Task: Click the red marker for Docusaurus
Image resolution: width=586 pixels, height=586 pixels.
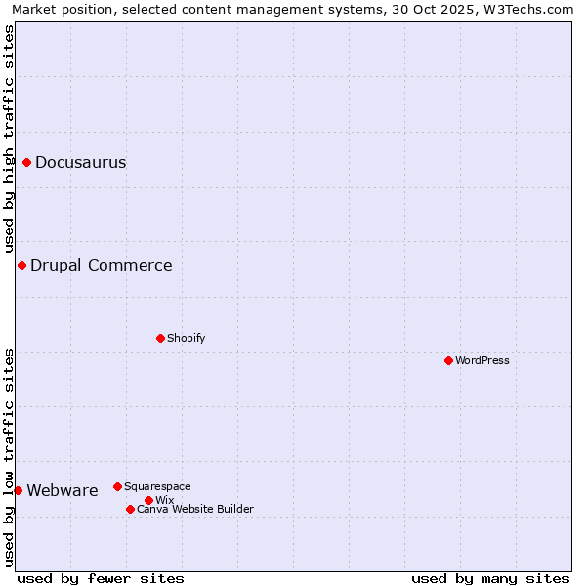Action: [27, 162]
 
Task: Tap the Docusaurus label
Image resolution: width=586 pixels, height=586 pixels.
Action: [80, 163]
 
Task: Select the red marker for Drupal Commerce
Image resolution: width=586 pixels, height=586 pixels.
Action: [21, 265]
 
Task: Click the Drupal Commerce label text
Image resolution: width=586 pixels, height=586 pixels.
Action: [101, 265]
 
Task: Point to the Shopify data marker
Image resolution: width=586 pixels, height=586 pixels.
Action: [160, 338]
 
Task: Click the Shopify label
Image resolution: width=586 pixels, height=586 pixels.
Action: [186, 338]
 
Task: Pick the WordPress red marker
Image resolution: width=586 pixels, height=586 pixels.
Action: [448, 360]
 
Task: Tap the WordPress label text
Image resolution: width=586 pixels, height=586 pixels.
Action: [481, 360]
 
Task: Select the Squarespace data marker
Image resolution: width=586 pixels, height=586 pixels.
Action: [117, 486]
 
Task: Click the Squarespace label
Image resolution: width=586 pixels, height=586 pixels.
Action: [157, 486]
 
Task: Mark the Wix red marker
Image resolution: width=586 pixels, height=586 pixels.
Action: [148, 500]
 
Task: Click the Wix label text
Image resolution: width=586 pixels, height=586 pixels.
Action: [164, 500]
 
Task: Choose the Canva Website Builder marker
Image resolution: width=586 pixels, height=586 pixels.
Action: [130, 509]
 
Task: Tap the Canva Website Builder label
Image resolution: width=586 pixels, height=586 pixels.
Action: [194, 509]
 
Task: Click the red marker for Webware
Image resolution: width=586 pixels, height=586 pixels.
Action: [18, 490]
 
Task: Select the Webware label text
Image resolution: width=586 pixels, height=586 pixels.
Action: [62, 490]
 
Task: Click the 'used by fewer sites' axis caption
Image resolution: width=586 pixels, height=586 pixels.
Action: [101, 578]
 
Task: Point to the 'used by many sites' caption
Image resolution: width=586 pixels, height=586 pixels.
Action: [490, 578]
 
